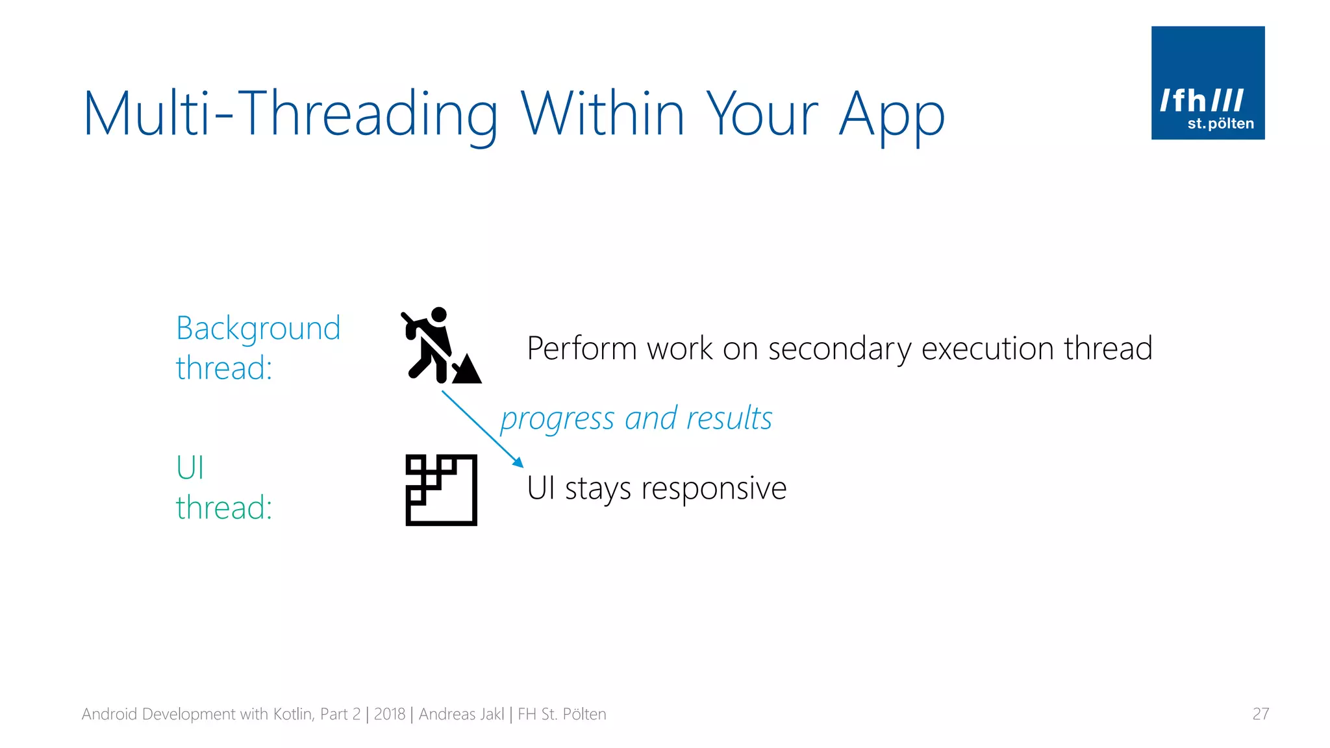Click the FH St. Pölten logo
point(1207,83)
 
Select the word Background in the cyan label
point(258,329)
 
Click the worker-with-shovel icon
point(435,346)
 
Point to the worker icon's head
point(440,314)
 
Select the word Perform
point(582,349)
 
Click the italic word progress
point(557,419)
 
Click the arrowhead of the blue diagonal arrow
point(518,462)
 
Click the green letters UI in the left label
point(190,467)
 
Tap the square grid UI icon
point(441,490)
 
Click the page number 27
point(1260,714)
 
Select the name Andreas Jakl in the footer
point(461,714)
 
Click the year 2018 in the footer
point(389,714)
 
